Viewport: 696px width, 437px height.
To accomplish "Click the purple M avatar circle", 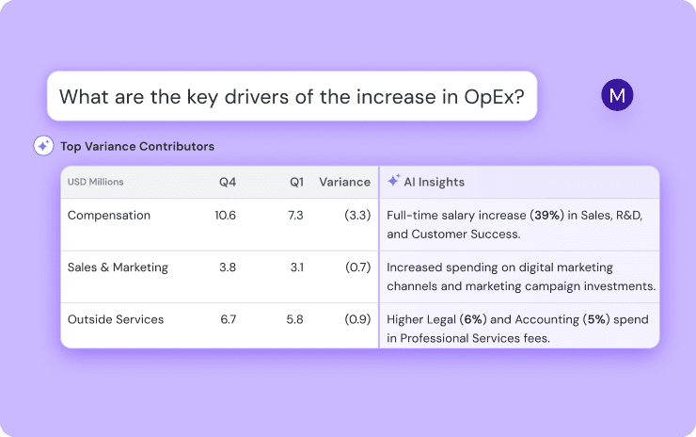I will [x=617, y=95].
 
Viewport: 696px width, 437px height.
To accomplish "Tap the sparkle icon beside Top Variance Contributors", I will [x=43, y=146].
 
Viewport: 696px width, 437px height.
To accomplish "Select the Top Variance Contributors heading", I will [x=137, y=147].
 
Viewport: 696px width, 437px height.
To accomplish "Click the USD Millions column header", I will [x=95, y=182].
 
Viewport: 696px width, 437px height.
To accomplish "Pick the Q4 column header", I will [x=227, y=182].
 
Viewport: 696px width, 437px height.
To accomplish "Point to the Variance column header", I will [x=344, y=182].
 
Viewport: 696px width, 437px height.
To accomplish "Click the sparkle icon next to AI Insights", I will [x=394, y=181].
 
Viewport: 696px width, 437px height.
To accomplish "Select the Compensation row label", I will [x=109, y=215].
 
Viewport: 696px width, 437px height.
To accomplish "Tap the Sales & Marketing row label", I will [x=118, y=267].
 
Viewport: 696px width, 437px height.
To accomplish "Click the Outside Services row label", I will [x=116, y=319].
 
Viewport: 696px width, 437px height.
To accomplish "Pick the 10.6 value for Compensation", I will [x=226, y=215].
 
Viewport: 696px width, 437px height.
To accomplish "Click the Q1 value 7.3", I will [x=294, y=215].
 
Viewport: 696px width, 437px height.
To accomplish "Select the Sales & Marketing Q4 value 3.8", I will [x=228, y=267].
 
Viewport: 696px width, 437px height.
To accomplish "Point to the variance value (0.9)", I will [x=356, y=319].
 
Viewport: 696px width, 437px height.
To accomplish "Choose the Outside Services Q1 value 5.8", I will [x=294, y=319].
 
